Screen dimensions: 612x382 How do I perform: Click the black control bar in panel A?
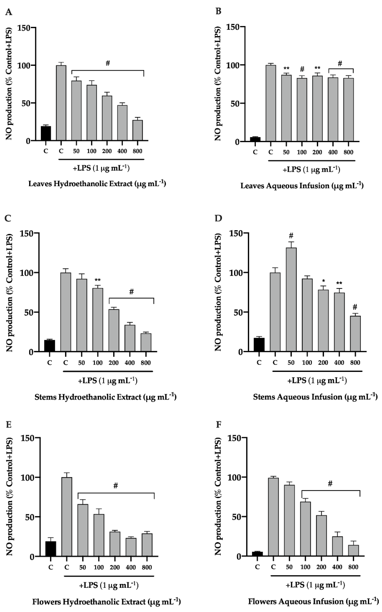click(46, 133)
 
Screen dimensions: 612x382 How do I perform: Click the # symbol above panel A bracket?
click(108, 63)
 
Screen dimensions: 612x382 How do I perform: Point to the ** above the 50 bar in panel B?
click(286, 68)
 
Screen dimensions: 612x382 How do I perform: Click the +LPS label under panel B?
click(311, 169)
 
